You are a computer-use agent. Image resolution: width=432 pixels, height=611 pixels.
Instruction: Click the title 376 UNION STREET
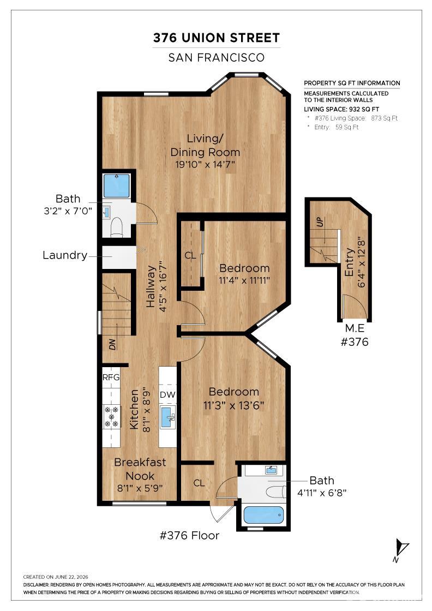coord(216,38)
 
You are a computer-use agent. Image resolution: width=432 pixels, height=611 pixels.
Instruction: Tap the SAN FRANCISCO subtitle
coord(216,58)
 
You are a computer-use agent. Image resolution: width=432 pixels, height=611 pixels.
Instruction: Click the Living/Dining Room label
coord(205,145)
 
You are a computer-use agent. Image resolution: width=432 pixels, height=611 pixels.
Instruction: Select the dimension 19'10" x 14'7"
coord(205,164)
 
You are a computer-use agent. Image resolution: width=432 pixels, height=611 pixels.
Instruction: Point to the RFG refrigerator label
coord(111,377)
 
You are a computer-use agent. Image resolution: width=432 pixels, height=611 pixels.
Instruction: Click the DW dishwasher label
coord(167,395)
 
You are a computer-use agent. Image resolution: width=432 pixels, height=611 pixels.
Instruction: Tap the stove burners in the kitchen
coord(112,417)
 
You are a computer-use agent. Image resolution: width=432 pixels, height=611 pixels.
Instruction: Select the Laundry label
coord(65,255)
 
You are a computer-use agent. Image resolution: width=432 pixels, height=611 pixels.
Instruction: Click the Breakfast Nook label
coord(140,469)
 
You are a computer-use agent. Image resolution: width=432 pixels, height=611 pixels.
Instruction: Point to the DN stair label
coord(112,344)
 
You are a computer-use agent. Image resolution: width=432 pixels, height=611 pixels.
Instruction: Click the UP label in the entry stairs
coord(320,222)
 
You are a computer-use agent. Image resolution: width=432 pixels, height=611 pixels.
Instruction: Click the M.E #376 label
coord(355,335)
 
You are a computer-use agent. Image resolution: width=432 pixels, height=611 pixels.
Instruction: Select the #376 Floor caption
coord(189,535)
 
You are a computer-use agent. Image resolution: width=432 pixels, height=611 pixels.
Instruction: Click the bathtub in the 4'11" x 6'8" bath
coord(263,515)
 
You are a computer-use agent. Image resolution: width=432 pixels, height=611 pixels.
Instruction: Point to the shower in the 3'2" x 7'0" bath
coord(117,186)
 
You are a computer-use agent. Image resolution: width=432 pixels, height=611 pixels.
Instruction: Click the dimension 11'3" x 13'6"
coord(233,406)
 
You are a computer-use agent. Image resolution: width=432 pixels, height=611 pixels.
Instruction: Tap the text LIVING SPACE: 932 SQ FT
coord(341,110)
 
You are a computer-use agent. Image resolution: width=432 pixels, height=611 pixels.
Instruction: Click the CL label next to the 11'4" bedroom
coord(190,256)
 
